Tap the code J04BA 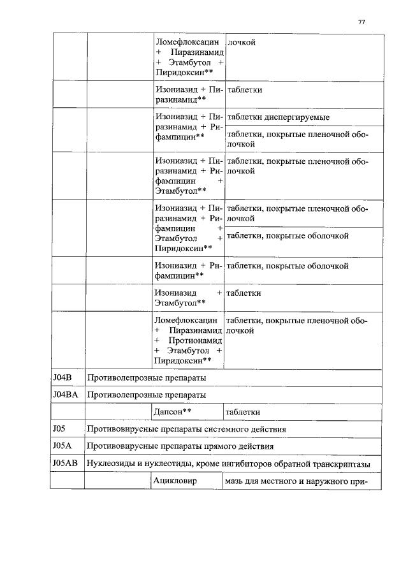pos(65,395)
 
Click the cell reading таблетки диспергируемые pos(278,118)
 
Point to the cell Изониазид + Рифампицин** pos(187,270)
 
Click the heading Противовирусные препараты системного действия pos(186,429)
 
